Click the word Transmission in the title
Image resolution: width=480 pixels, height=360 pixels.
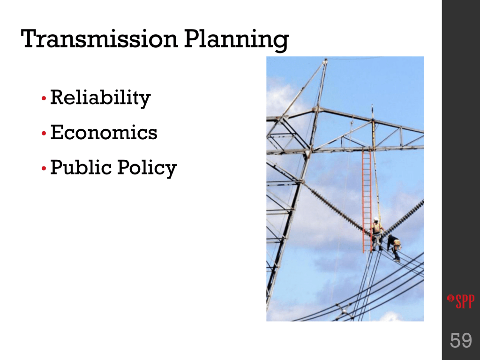[x=99, y=38]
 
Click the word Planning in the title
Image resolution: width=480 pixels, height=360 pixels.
[x=236, y=40]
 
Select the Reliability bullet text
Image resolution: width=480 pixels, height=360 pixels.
[x=100, y=97]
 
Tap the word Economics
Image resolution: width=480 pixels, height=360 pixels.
[x=104, y=132]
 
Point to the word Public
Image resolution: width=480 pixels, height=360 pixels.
[x=81, y=167]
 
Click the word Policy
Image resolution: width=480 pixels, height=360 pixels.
[x=147, y=168]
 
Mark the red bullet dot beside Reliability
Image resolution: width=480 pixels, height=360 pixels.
[x=44, y=98]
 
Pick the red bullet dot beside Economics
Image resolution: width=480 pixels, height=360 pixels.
[x=44, y=134]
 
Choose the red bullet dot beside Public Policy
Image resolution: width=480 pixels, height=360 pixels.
[x=44, y=168]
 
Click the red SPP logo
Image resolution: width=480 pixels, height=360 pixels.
[x=461, y=301]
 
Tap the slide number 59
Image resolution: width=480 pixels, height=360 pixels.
[x=461, y=340]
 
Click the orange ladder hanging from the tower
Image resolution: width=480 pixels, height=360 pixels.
[x=367, y=202]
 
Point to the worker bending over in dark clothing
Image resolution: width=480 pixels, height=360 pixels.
[x=394, y=247]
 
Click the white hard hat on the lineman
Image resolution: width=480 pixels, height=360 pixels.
[x=376, y=219]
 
